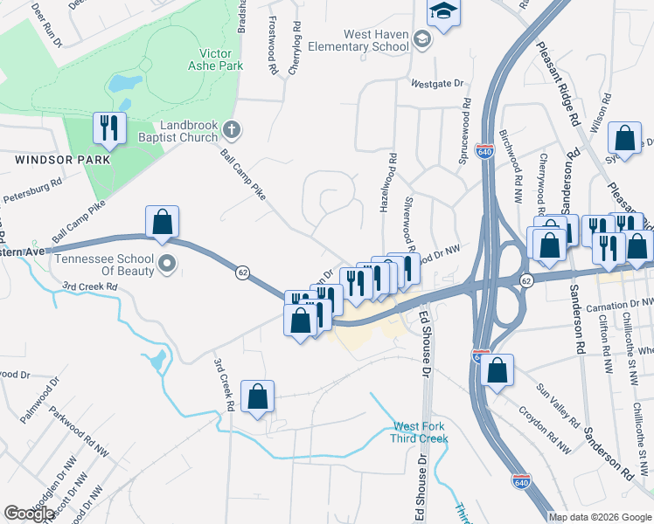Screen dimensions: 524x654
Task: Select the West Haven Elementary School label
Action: [x=376, y=41]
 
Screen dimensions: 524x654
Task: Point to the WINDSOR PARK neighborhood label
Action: [x=61, y=160]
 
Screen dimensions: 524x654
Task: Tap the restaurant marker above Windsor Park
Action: [x=109, y=128]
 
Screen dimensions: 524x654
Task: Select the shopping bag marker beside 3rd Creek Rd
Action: [x=258, y=396]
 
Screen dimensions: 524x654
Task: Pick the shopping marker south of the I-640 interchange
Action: [x=497, y=369]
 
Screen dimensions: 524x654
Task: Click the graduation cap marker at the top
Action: [x=442, y=12]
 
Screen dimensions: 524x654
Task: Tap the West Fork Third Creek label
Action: [x=419, y=432]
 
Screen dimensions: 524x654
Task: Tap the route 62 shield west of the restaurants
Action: [x=241, y=272]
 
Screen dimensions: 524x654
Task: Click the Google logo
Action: [x=29, y=514]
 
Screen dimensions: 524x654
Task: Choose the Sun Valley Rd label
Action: [x=559, y=403]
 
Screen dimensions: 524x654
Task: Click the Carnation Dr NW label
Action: [x=622, y=301]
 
